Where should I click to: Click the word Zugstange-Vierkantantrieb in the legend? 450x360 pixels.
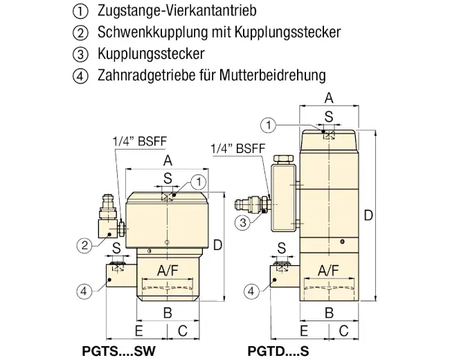(177, 10)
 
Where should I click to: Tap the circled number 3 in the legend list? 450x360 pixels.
(80, 54)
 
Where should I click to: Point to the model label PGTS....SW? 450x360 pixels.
(119, 351)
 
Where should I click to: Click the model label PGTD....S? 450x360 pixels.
(278, 351)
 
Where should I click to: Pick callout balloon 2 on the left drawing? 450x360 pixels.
(84, 246)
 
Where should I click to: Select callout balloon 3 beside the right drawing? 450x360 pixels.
(243, 223)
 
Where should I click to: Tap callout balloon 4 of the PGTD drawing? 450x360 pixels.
(251, 291)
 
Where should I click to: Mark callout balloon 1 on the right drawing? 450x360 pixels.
(269, 125)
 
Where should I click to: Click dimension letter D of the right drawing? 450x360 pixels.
(368, 215)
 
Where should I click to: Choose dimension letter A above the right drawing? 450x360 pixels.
(329, 98)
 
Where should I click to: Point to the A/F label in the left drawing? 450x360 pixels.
(168, 271)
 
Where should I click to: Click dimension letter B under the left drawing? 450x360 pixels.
(168, 313)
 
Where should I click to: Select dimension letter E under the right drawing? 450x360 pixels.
(304, 331)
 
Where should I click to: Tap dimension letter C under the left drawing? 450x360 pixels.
(183, 331)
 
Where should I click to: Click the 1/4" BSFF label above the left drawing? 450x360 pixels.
(139, 141)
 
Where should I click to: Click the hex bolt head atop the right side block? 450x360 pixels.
(284, 159)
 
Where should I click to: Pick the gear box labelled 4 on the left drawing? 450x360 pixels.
(121, 276)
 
